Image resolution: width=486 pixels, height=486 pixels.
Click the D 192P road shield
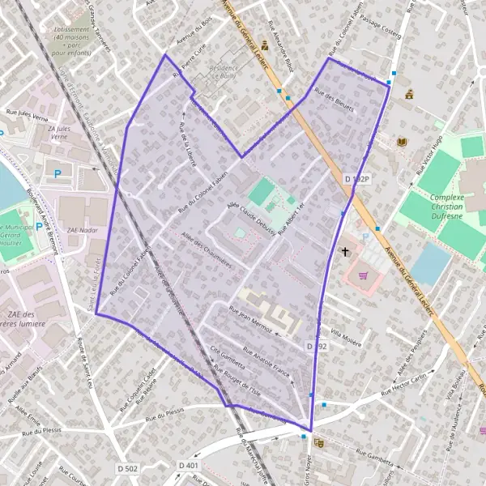pos(356,178)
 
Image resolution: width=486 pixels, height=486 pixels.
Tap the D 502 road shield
pos(127,467)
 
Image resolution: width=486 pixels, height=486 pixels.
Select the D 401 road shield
pos(188,466)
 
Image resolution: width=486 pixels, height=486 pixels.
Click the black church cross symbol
pos(345,252)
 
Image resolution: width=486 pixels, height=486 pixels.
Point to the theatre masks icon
pos(318,442)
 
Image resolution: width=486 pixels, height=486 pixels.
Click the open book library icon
pos(400,143)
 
